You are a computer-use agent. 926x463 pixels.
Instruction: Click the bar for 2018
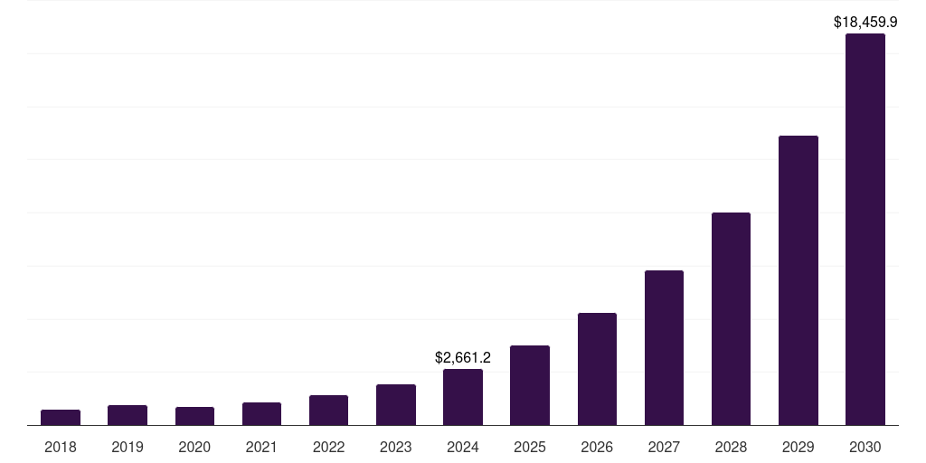61,417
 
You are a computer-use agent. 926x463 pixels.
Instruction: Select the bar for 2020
194,416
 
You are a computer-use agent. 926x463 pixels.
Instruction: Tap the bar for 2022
328,410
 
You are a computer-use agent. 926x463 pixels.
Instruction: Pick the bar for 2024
463,397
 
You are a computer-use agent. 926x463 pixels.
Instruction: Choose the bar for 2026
597,369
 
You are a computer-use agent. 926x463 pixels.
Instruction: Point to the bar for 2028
731,318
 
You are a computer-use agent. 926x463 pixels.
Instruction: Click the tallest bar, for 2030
865,230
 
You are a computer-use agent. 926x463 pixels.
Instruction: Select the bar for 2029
798,280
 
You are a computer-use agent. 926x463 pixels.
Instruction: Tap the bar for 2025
530,385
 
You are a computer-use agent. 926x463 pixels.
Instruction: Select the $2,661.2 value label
463,358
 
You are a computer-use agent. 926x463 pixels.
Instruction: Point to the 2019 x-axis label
128,447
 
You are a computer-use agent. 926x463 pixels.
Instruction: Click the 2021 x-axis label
261,447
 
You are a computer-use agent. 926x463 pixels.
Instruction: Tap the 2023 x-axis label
396,447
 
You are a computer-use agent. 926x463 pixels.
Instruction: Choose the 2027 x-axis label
664,447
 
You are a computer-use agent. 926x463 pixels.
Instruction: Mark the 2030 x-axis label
865,447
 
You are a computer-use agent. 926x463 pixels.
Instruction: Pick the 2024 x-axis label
463,447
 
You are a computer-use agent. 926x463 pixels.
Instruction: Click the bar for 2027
664,347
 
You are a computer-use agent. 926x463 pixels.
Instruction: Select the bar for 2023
396,404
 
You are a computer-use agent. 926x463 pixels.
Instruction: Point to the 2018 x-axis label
61,447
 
